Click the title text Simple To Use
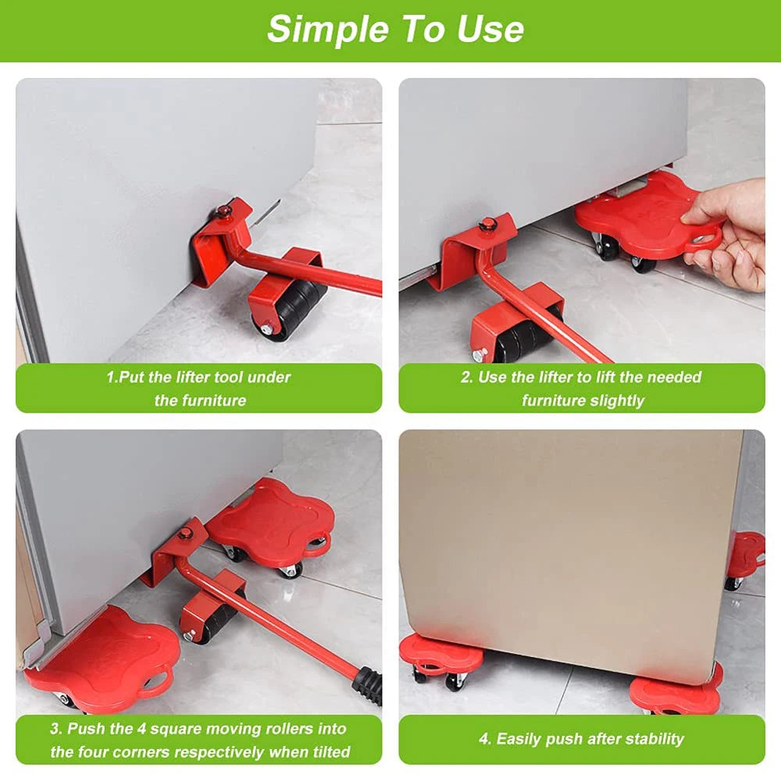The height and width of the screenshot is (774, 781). click(x=395, y=29)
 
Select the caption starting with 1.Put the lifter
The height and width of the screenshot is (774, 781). click(x=198, y=389)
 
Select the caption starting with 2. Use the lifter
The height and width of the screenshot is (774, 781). click(x=581, y=389)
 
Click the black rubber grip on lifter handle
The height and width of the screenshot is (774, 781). click(x=368, y=683)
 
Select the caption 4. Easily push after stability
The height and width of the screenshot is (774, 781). click(x=581, y=739)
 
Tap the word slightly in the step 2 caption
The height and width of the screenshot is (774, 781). click(x=618, y=401)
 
